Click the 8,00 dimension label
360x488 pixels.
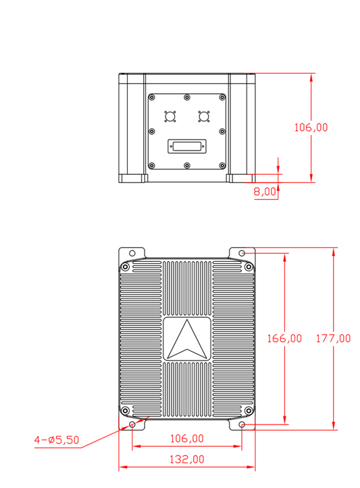tap(265, 192)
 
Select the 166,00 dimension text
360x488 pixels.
tap(284, 339)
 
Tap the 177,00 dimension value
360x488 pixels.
tap(334, 339)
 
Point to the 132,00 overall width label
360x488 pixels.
tap(186, 459)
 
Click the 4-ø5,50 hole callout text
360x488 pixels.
tap(57, 440)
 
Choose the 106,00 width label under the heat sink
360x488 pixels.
tap(186, 438)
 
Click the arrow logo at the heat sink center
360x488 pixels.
tap(187, 340)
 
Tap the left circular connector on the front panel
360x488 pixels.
tap(170, 117)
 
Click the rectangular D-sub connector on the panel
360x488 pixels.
tap(187, 146)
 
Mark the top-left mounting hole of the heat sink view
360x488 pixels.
tap(132, 254)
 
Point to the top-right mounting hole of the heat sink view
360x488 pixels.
tap(242, 254)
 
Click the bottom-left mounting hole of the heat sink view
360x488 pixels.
tap(132, 425)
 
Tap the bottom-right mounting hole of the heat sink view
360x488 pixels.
tap(242, 425)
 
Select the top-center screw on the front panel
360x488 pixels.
tap(187, 98)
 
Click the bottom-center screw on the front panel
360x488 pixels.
tap(187, 165)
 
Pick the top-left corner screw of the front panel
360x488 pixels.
tap(153, 98)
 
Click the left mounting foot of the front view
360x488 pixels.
tap(133, 178)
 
